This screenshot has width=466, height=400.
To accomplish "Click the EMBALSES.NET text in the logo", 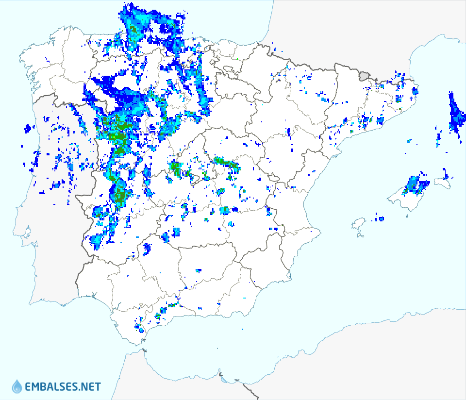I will tap(63, 387).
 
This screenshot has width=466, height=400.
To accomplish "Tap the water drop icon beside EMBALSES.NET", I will tap(17, 386).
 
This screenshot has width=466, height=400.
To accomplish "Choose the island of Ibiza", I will tap(359, 224).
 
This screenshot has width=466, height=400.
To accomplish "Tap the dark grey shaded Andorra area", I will tap(365, 75).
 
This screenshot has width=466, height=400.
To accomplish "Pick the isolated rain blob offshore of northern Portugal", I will tap(28, 129).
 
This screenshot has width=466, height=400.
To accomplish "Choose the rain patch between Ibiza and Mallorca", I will tap(379, 218).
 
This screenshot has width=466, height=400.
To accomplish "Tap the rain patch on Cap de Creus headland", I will tap(416, 90).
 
